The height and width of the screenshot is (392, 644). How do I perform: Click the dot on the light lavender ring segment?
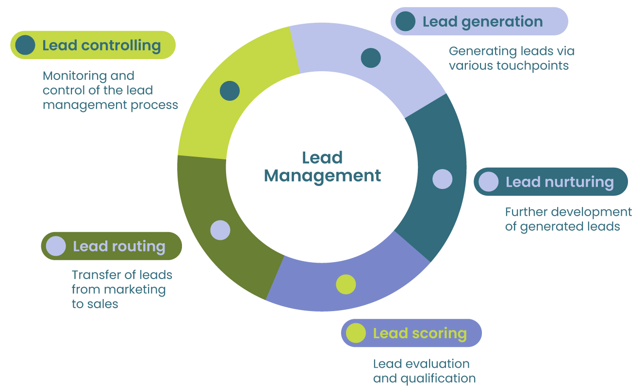point(371,58)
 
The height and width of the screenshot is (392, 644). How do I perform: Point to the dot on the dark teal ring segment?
point(442,179)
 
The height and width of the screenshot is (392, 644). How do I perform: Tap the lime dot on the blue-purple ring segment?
point(346,284)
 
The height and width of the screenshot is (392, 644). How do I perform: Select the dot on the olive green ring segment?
point(220,230)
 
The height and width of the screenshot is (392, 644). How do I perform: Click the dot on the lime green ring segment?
point(230,91)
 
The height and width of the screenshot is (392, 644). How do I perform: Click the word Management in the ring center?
point(322,175)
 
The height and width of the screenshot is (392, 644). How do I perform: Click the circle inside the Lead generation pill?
point(405,21)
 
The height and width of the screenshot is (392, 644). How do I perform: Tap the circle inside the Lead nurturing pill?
point(488,182)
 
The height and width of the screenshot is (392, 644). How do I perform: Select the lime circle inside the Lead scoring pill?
point(356,333)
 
